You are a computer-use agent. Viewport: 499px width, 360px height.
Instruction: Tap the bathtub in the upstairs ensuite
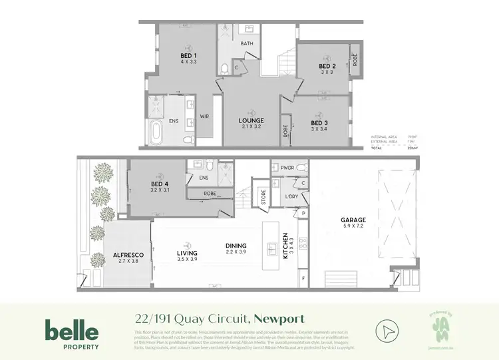pos(155,133)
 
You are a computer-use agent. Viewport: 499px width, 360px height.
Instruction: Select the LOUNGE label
pos(251,121)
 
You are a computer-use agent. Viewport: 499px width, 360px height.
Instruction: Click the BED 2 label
pos(327,67)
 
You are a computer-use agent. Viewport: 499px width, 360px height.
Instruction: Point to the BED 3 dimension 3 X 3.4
pos(319,130)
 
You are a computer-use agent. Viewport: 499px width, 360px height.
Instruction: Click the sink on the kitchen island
pos(273,250)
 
